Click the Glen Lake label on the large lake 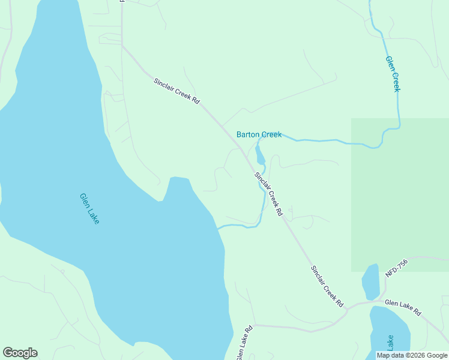pyautogui.click(x=89, y=209)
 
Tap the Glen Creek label pyautogui.click(x=393, y=74)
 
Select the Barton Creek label pyautogui.click(x=259, y=134)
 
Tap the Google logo pyautogui.click(x=20, y=353)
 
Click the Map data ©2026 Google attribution pyautogui.click(x=412, y=355)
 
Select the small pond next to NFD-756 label pyautogui.click(x=370, y=281)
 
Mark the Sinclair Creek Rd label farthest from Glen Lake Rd pyautogui.click(x=176, y=91)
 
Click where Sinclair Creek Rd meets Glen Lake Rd pyautogui.click(x=347, y=309)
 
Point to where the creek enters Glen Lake pyautogui.click(x=218, y=228)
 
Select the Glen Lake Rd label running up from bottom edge pyautogui.click(x=244, y=343)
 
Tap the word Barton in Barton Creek pyautogui.click(x=247, y=134)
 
